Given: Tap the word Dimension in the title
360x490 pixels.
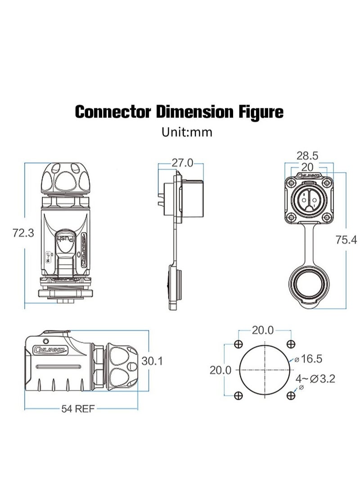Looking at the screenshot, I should click(194, 111).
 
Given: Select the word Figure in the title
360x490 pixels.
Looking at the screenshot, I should click(261, 111).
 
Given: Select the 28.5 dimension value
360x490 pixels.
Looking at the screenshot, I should click(307, 156).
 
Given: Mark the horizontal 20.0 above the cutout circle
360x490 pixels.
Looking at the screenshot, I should click(262, 330).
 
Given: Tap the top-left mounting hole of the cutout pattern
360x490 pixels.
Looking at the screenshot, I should click(238, 344).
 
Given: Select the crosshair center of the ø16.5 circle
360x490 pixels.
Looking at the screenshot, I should click(265, 370).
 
